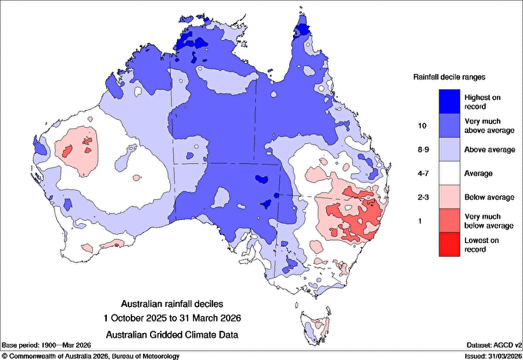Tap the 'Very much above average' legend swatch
[x=451, y=125]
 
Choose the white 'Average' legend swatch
[x=451, y=173]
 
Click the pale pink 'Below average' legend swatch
[x=451, y=197]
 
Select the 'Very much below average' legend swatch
[x=451, y=222]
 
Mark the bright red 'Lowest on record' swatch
[x=451, y=245]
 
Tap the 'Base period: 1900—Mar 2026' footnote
[x=48, y=346]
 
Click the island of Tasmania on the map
[x=312, y=326]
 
